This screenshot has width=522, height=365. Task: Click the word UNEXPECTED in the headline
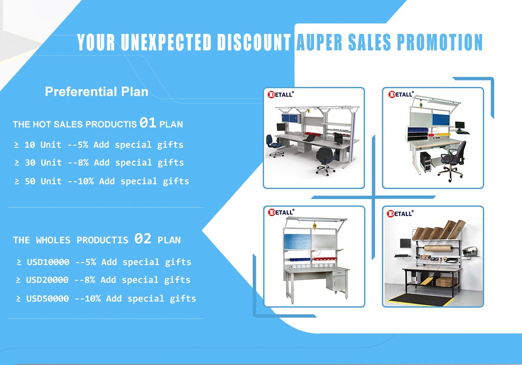(x=166, y=42)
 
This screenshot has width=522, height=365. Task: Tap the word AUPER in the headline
(x=319, y=42)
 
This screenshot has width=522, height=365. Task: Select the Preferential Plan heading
(x=97, y=92)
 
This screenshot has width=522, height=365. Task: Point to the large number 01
(x=148, y=123)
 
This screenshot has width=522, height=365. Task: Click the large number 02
(x=143, y=239)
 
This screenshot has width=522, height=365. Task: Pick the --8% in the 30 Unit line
(x=78, y=163)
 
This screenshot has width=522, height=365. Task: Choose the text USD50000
(x=47, y=299)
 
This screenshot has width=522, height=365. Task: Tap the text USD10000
(x=48, y=262)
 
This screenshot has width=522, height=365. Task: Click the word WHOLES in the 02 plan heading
(x=53, y=240)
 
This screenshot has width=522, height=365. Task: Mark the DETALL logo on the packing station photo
(x=400, y=213)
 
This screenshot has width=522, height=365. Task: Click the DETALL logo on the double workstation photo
(x=281, y=94)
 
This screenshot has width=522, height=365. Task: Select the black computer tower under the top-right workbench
(x=425, y=162)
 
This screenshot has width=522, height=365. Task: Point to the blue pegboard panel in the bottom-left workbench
(x=297, y=242)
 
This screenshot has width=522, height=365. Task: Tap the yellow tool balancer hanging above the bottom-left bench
(x=315, y=226)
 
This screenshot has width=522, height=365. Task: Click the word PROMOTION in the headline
(x=439, y=42)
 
